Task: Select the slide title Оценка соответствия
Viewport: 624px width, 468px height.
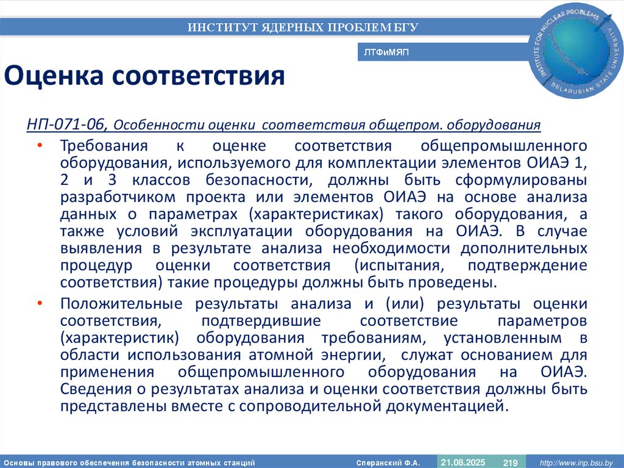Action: pos(145,77)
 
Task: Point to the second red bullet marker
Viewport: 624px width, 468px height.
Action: pos(40,303)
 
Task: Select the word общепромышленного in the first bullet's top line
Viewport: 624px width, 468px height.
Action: pos(504,146)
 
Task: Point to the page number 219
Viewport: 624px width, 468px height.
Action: pos(510,463)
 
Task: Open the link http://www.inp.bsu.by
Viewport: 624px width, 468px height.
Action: pos(576,463)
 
